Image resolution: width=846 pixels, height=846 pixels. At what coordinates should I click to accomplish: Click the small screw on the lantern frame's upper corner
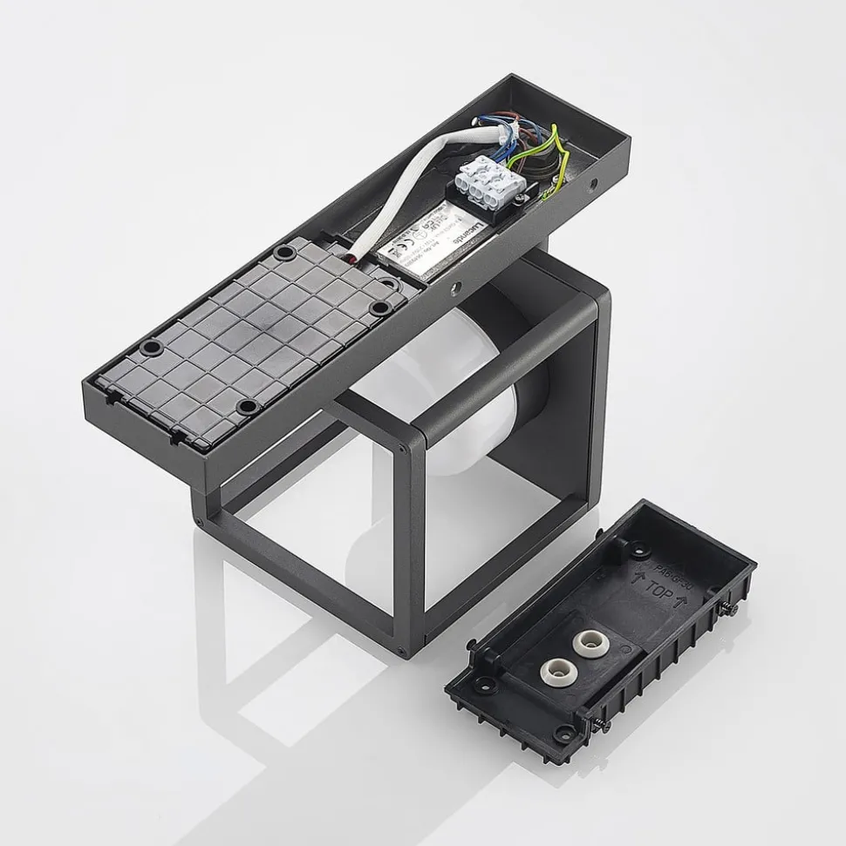pyautogui.click(x=401, y=449)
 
